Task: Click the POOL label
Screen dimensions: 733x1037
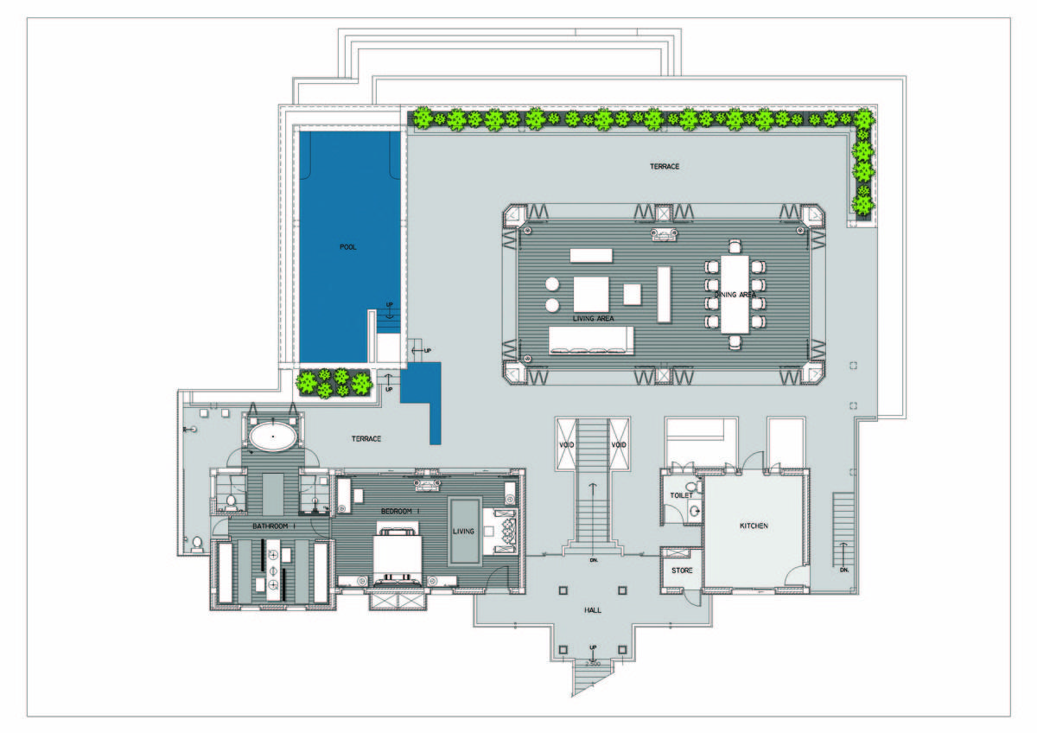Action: (x=348, y=247)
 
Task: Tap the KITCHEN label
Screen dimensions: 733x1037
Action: (x=754, y=526)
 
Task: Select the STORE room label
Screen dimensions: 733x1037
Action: (x=682, y=570)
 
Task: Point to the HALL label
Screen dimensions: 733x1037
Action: (x=593, y=610)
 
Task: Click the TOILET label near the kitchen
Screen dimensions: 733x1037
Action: (x=682, y=495)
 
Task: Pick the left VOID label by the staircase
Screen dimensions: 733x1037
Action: (x=567, y=445)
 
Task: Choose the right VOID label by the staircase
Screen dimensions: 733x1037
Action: (x=619, y=445)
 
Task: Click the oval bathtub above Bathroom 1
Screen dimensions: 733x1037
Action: (x=274, y=437)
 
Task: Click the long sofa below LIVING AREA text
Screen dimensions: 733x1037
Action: (x=592, y=340)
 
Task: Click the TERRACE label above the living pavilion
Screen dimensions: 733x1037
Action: (x=665, y=166)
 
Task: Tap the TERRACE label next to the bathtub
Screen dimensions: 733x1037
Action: (x=366, y=439)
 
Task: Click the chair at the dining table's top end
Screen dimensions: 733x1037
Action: (x=735, y=246)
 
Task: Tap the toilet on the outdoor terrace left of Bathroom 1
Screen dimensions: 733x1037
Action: (x=197, y=543)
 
